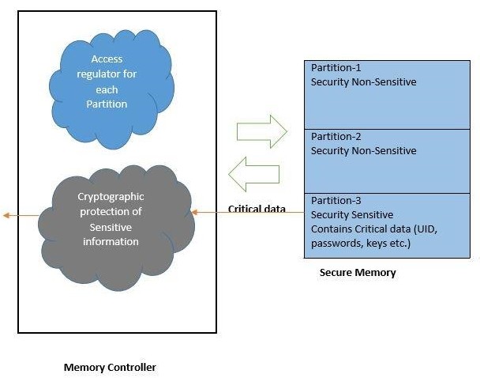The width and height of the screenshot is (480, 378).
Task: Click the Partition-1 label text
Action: [x=336, y=68]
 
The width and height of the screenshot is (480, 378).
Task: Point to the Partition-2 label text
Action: [x=336, y=137]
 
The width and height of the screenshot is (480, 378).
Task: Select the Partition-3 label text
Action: [x=336, y=201]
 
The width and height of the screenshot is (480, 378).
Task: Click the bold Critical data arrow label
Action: [x=257, y=209]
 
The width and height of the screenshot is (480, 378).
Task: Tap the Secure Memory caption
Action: [x=358, y=272]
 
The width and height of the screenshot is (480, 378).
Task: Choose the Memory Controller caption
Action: [x=110, y=367]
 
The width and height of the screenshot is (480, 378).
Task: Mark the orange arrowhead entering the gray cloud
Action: [x=195, y=212]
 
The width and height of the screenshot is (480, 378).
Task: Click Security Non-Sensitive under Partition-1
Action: [x=363, y=81]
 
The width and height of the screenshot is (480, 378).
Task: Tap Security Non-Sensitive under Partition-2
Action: [x=363, y=150]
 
